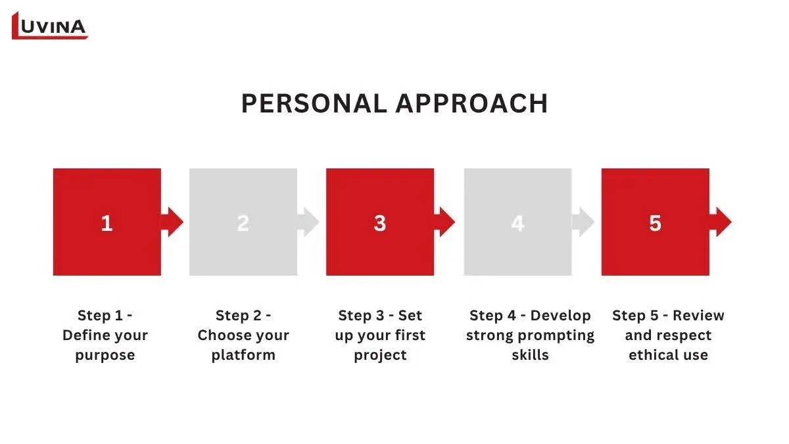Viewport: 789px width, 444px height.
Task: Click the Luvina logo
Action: [x=50, y=26]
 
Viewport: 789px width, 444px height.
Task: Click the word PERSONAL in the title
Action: [x=314, y=104]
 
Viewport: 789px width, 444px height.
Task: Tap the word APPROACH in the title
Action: [x=471, y=104]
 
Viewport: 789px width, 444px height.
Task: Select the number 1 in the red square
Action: [x=107, y=224]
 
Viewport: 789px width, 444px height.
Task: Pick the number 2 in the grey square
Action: [x=243, y=223]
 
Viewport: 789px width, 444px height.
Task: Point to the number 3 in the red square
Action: [x=380, y=224]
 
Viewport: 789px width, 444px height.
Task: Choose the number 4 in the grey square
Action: [x=517, y=224]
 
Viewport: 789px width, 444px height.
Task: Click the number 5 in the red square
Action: [x=655, y=224]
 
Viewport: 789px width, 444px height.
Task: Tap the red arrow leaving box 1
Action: [x=172, y=222]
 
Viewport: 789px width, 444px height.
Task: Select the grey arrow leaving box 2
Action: [x=308, y=222]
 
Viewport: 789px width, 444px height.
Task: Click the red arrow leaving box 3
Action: [x=444, y=222]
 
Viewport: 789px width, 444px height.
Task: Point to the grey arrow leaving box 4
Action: [x=583, y=222]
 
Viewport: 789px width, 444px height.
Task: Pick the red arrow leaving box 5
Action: [x=721, y=222]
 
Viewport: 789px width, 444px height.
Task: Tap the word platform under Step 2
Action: [x=243, y=355]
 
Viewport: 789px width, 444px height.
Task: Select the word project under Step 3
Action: [x=380, y=355]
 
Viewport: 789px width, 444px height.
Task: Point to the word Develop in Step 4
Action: [x=560, y=316]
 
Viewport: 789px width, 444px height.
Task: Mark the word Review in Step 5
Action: [x=698, y=315]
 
